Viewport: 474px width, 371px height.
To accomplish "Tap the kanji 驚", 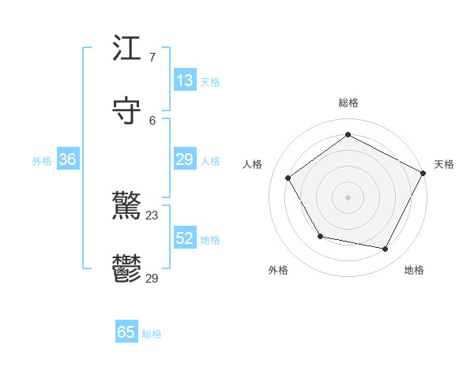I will (127, 207).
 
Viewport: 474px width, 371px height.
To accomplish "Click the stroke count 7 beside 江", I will (152, 58).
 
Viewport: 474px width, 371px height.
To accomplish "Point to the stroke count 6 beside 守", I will (152, 121).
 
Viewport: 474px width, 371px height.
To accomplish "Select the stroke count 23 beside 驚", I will (152, 215).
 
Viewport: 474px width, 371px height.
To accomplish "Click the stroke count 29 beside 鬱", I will (152, 279).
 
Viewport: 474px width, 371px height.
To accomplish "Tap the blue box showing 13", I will (185, 81).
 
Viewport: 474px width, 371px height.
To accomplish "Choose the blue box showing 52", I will (185, 238).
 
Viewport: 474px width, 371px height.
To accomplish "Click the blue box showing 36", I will (68, 159).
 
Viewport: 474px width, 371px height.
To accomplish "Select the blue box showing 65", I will (126, 332).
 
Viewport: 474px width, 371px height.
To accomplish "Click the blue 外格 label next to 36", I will (42, 161).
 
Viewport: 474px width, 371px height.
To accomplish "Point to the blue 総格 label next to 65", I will (152, 334).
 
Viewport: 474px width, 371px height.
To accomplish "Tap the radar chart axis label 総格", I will (348, 103).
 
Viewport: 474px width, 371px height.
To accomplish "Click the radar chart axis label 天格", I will (444, 164).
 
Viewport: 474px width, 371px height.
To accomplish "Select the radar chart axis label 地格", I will (414, 270).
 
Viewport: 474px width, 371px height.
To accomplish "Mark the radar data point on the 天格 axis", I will (423, 172).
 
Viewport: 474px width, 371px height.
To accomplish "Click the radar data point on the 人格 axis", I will (288, 178).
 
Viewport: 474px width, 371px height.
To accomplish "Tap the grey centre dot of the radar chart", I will (348, 197).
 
